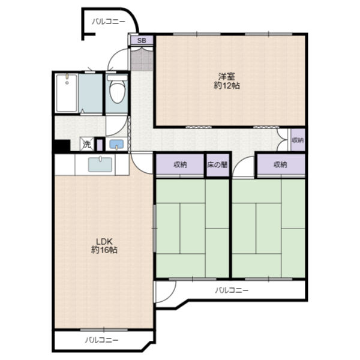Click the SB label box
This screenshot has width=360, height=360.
(142, 41)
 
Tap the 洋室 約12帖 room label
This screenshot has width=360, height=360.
(227, 81)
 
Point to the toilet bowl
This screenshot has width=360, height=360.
(116, 91)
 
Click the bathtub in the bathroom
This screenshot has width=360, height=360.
(67, 93)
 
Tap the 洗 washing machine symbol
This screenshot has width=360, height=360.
(86, 144)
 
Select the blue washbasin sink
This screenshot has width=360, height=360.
(116, 145)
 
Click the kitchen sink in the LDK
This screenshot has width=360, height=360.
(98, 163)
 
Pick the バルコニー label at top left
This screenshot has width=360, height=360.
(108, 22)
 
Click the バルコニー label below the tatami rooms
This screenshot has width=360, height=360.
(232, 290)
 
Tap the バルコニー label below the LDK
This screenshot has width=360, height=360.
(101, 340)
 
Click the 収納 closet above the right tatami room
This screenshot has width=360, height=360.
(280, 164)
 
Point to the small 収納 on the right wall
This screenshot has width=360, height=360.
(298, 140)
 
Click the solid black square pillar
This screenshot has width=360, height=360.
(61, 145)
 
